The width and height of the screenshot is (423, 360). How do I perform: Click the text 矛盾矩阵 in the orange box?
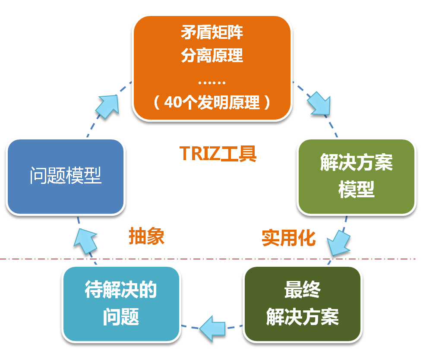click(x=212, y=32)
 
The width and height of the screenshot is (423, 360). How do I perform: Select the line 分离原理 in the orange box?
click(x=212, y=55)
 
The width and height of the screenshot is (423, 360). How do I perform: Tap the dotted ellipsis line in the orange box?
click(x=212, y=82)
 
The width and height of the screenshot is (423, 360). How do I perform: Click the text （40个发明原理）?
click(x=212, y=102)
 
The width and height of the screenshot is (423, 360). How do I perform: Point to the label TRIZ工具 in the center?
click(x=218, y=153)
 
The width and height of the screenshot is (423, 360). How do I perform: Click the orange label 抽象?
click(x=147, y=237)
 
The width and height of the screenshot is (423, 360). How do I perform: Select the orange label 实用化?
click(x=289, y=238)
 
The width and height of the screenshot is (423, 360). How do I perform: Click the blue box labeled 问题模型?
click(x=66, y=176)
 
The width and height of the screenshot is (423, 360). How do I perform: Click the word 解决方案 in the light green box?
click(x=357, y=164)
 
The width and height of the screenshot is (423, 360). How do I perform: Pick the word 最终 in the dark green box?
click(x=302, y=291)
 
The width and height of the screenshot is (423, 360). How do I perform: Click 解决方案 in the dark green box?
click(x=302, y=317)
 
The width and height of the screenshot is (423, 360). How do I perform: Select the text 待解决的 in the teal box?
click(x=121, y=291)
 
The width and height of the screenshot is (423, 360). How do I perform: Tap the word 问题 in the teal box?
click(x=121, y=317)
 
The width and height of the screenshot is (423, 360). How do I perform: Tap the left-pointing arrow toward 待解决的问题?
click(x=213, y=329)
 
